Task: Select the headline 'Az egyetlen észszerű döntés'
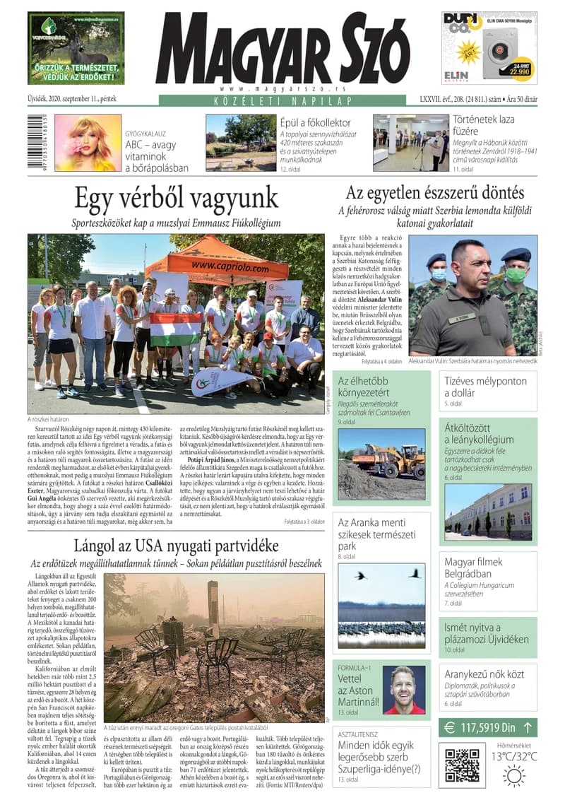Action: click(434, 193)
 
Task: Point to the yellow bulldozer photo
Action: click(381, 463)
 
